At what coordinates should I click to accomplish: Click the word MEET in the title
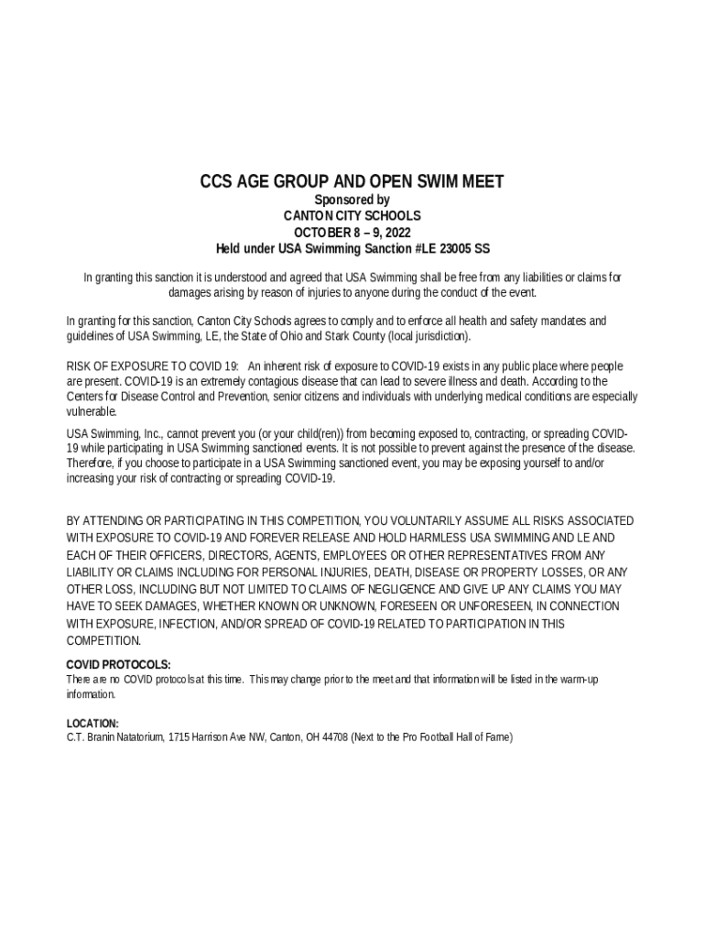coord(480,181)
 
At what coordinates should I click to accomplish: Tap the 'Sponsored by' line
coord(352,200)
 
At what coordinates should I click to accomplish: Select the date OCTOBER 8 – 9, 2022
coord(352,232)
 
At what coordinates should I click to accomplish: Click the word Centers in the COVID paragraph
coord(86,397)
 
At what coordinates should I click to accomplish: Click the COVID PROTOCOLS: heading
coord(119,664)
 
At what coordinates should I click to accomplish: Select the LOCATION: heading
coord(92,723)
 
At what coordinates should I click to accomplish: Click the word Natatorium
coord(138,736)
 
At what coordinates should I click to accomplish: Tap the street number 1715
coord(180,736)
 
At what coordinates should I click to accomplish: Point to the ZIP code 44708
coord(331,736)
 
